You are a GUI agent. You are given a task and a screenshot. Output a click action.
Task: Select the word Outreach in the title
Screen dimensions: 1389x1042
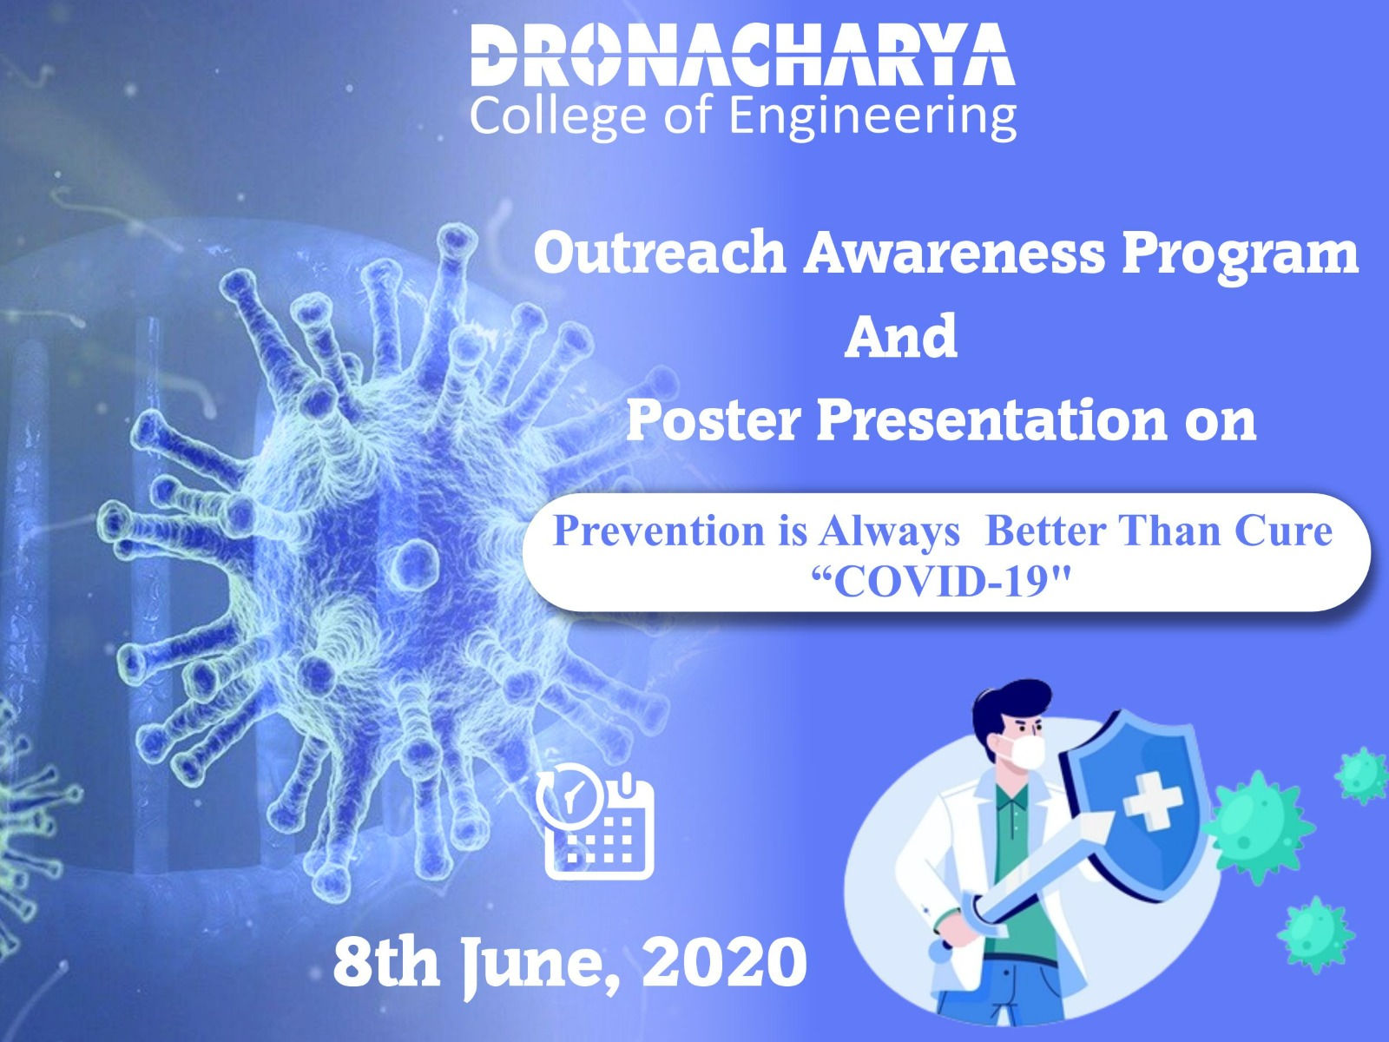click(660, 254)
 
